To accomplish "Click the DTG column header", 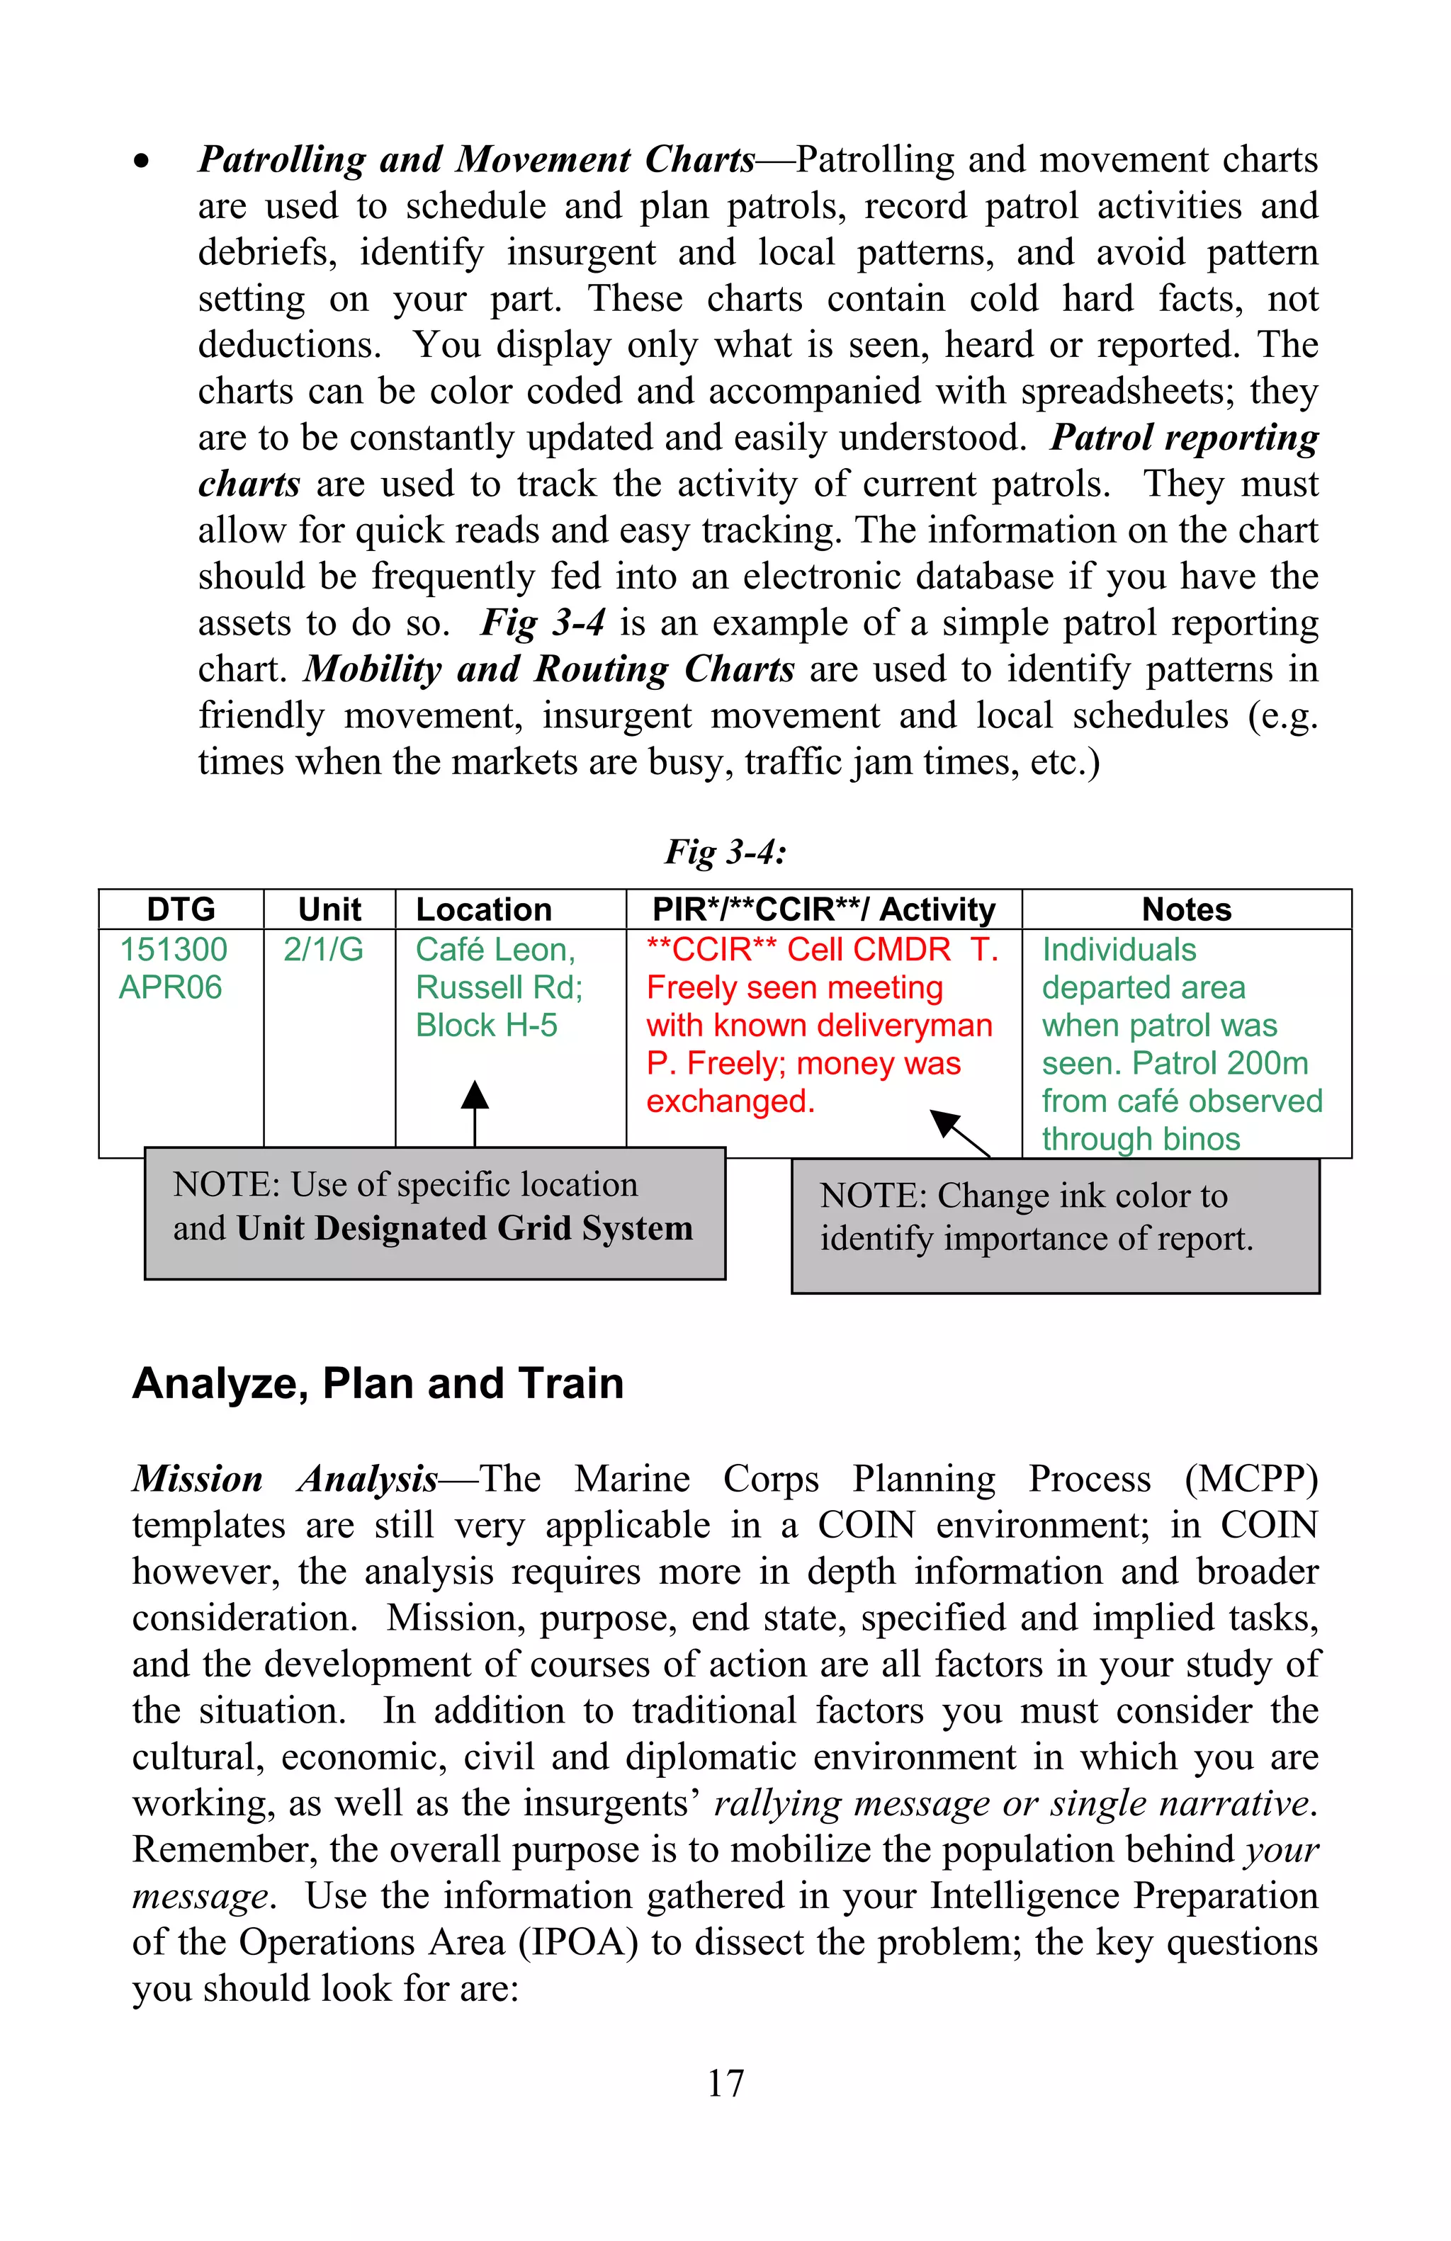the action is tap(181, 909).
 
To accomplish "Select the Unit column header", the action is tap(329, 909).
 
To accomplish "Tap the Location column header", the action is tap(483, 909).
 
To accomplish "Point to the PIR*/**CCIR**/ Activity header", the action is tap(823, 909).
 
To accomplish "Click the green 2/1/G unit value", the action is tap(323, 949).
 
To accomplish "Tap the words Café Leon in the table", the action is tap(495, 949).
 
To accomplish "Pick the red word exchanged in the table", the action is tap(730, 1101).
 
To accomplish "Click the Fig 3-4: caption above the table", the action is tap(725, 852).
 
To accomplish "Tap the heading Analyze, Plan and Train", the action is tap(378, 1384).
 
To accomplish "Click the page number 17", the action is tap(725, 2083).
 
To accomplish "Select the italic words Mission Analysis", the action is tap(284, 1480).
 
